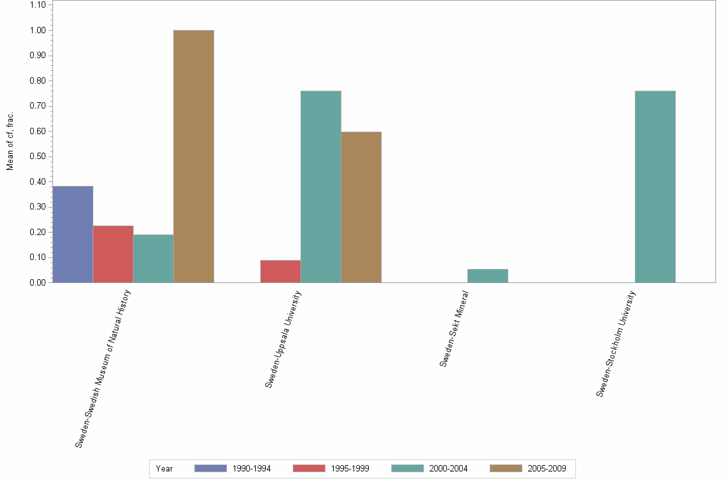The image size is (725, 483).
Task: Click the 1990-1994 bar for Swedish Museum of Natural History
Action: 73,234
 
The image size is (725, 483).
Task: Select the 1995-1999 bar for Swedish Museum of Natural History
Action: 113,254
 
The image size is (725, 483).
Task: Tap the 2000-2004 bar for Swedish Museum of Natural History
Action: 153,258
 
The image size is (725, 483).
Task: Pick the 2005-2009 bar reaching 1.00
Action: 194,156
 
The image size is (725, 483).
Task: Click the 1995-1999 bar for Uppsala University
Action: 281,271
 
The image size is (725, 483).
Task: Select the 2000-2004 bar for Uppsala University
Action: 321,187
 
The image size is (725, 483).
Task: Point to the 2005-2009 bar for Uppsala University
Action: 361,207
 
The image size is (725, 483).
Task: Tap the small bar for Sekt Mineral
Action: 488,275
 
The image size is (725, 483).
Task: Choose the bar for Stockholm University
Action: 655,187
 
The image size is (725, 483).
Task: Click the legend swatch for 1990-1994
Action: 210,468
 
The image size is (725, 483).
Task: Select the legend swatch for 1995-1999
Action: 309,468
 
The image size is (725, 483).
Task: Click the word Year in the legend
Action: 164,468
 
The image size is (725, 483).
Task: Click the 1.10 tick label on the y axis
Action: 38,5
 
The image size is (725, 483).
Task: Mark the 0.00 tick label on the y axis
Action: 38,282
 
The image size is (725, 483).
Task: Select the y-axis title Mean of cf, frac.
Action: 10,141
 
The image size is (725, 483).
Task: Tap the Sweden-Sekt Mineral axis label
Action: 455,329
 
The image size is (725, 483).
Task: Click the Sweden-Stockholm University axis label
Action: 616,344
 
